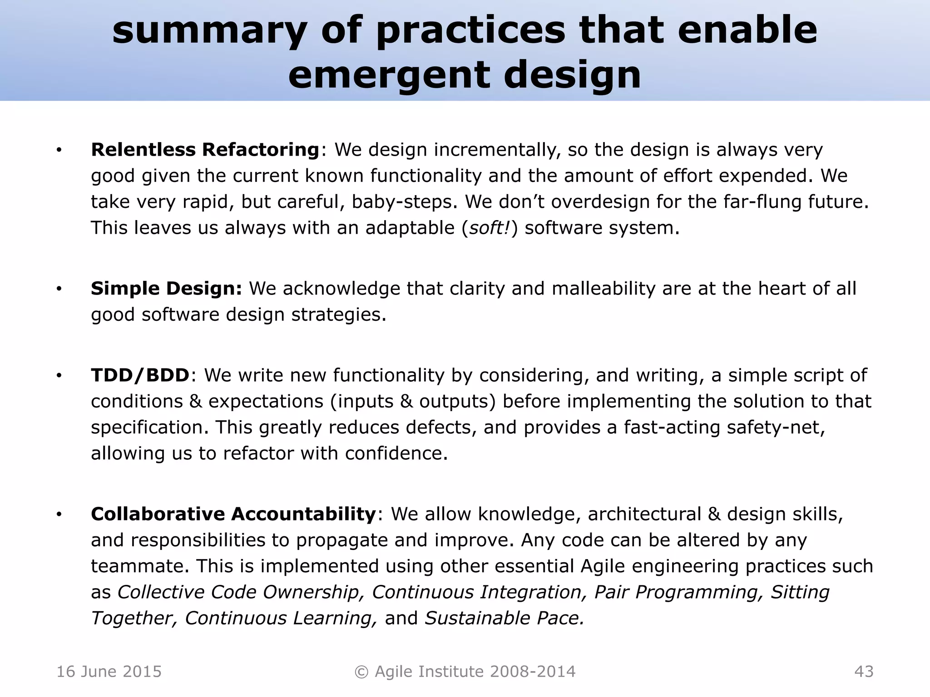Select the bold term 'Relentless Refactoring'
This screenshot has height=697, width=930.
(205, 150)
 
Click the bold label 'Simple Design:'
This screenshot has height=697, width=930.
(166, 289)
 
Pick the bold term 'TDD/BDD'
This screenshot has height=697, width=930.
(140, 375)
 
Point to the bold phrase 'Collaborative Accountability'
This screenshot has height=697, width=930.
(233, 514)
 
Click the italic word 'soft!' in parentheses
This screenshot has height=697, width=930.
(489, 228)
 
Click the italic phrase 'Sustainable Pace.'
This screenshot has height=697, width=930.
(504, 618)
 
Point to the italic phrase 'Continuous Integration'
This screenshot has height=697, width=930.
(476, 592)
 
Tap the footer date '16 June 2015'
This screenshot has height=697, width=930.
(109, 672)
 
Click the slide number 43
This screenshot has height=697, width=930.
(864, 672)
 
